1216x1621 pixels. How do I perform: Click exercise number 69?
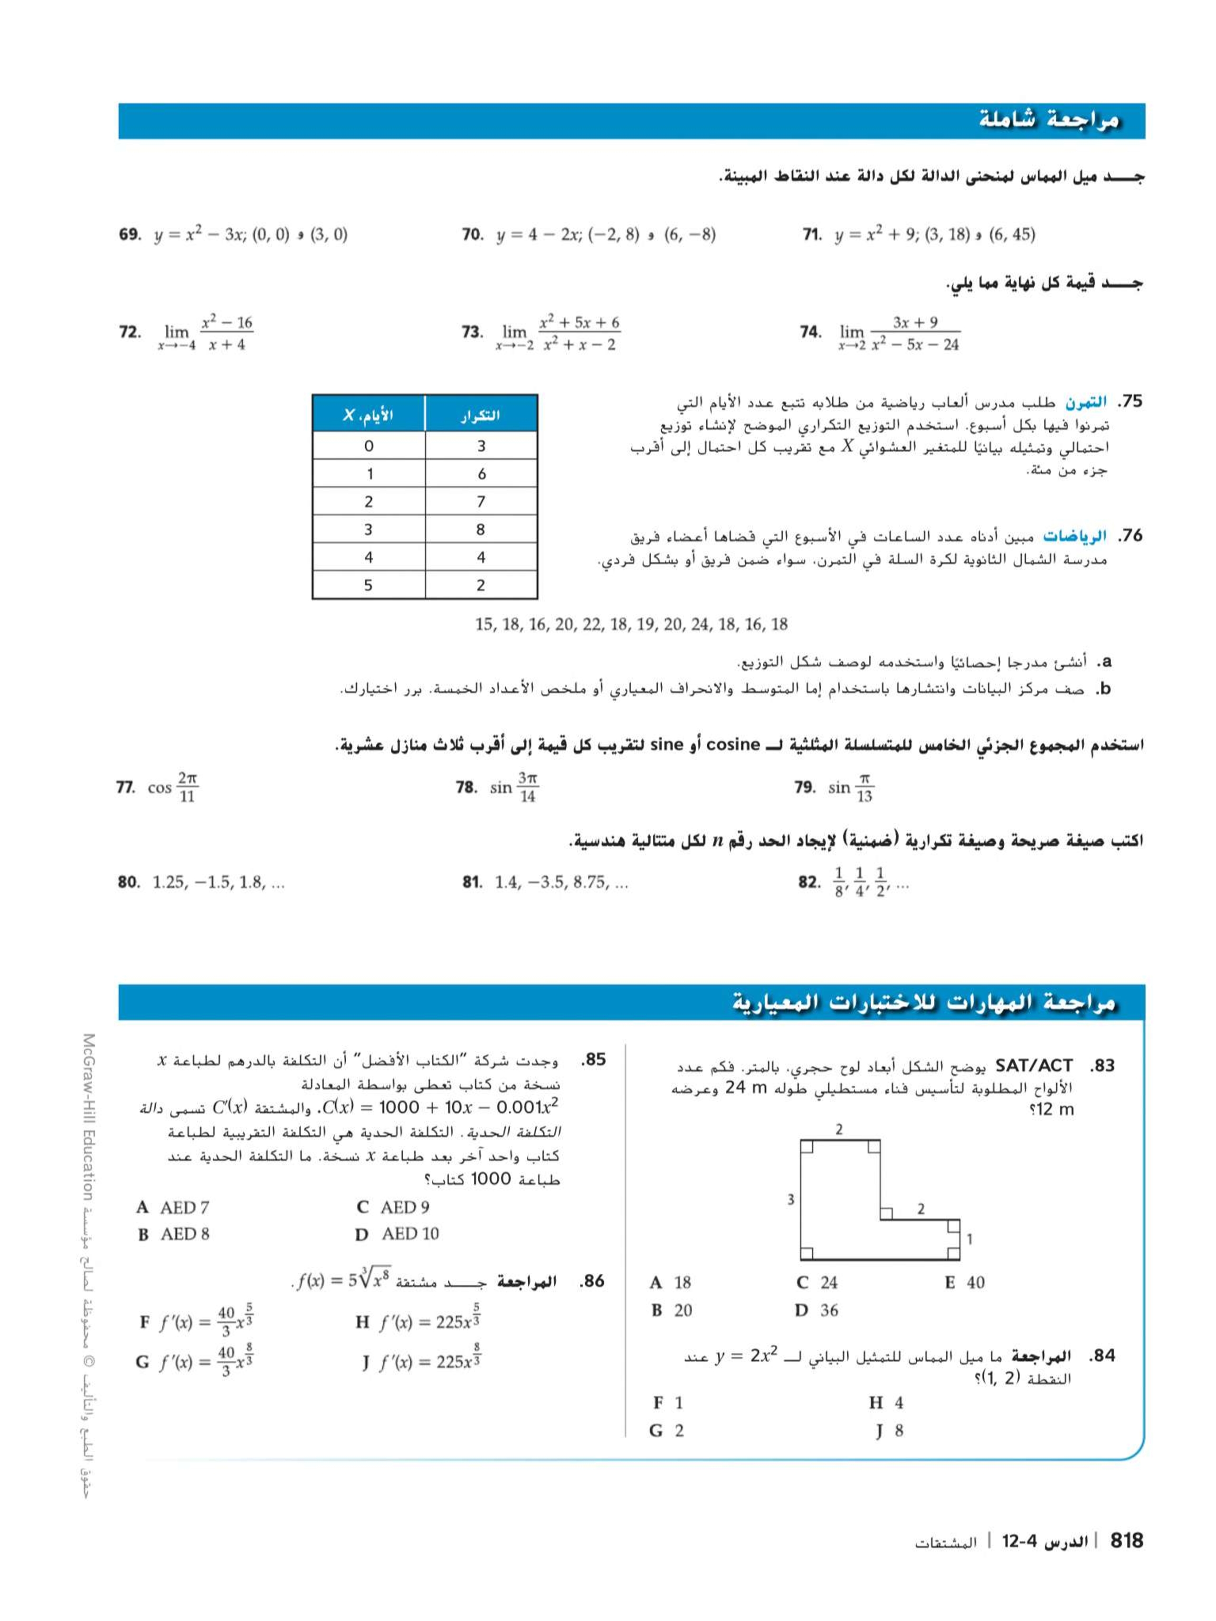(129, 235)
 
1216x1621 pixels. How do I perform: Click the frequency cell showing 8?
(481, 529)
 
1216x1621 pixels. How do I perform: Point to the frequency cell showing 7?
(481, 501)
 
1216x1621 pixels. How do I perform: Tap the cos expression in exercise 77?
(173, 788)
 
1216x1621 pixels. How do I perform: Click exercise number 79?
(804, 788)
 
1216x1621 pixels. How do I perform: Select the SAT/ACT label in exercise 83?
(1034, 1065)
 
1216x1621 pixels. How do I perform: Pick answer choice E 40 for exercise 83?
(965, 1282)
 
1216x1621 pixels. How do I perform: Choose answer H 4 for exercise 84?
(886, 1403)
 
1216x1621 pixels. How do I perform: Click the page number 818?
(1127, 1540)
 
